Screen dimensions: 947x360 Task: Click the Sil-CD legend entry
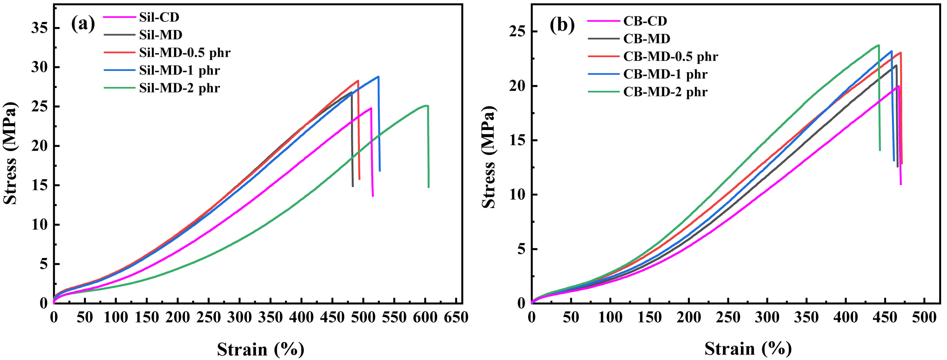[141, 17]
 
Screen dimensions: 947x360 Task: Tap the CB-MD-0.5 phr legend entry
[653, 57]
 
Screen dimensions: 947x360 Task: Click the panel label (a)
[83, 24]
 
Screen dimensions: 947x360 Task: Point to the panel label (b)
[562, 25]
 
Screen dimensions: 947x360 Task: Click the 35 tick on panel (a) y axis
[39, 28]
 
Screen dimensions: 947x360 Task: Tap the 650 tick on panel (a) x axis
[456, 317]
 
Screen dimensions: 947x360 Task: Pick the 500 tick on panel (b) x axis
[924, 317]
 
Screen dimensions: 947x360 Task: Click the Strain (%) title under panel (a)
[260, 349]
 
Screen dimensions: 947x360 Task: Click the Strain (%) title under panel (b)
[748, 349]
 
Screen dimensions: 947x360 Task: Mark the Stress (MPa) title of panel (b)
[489, 157]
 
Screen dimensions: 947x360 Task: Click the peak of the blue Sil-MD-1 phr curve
[378, 77]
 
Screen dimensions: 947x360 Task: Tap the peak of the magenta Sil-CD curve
[371, 108]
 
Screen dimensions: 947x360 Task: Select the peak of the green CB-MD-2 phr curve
[878, 45]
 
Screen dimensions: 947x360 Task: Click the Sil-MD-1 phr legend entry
[162, 70]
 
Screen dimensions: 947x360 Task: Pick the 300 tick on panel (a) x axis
[240, 317]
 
